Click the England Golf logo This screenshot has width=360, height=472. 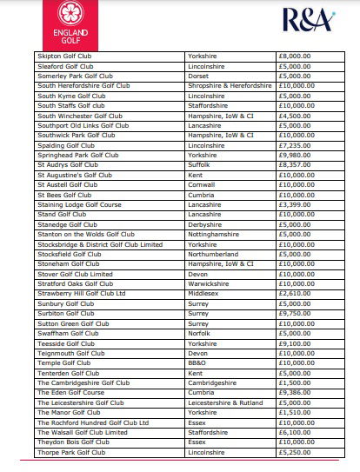(74, 24)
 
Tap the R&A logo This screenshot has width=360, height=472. (304, 20)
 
